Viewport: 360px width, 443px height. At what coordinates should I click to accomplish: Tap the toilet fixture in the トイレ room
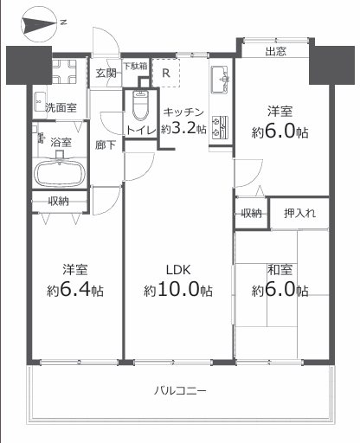pos(140,106)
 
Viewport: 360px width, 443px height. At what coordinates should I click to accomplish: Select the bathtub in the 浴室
pos(60,173)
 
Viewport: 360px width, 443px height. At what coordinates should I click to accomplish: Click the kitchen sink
pos(220,80)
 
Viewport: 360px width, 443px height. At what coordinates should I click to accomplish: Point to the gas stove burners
pos(220,126)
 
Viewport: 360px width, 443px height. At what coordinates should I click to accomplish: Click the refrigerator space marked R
pos(166,73)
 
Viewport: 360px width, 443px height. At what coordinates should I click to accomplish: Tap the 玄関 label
pos(106,74)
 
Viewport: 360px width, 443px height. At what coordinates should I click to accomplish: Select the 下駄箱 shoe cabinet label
pos(135,66)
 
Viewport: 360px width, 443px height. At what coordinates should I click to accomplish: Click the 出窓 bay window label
pos(276,52)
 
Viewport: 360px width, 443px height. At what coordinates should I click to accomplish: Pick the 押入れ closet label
pos(299,214)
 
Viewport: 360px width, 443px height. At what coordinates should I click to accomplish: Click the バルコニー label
pos(180,391)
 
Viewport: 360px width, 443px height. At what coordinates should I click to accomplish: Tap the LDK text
pos(178,270)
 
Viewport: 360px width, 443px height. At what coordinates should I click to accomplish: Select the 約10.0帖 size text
pos(178,290)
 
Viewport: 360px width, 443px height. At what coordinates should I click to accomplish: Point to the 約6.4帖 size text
pos(75,290)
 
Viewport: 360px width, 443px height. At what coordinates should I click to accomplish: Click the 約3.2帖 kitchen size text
pos(183,128)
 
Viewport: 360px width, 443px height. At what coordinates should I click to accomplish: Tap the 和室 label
pos(280,270)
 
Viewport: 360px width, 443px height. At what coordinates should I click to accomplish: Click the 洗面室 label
pos(61,107)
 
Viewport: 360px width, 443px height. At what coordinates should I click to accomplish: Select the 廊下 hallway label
pos(106,145)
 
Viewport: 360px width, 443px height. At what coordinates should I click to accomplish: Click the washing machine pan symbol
pos(64,72)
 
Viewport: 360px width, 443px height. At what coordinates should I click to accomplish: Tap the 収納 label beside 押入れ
pos(252,214)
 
